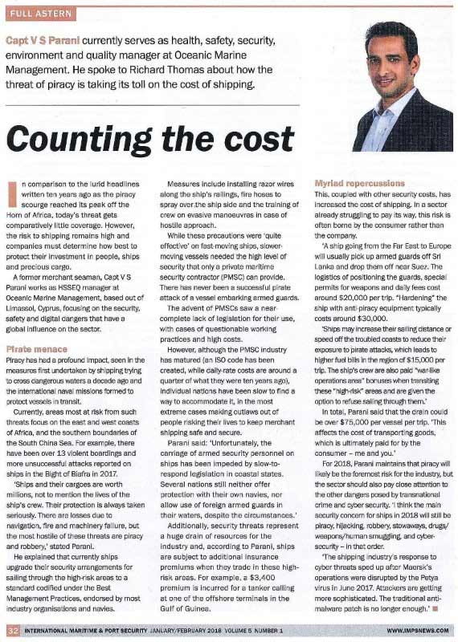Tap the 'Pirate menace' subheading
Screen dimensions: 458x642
(38, 350)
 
